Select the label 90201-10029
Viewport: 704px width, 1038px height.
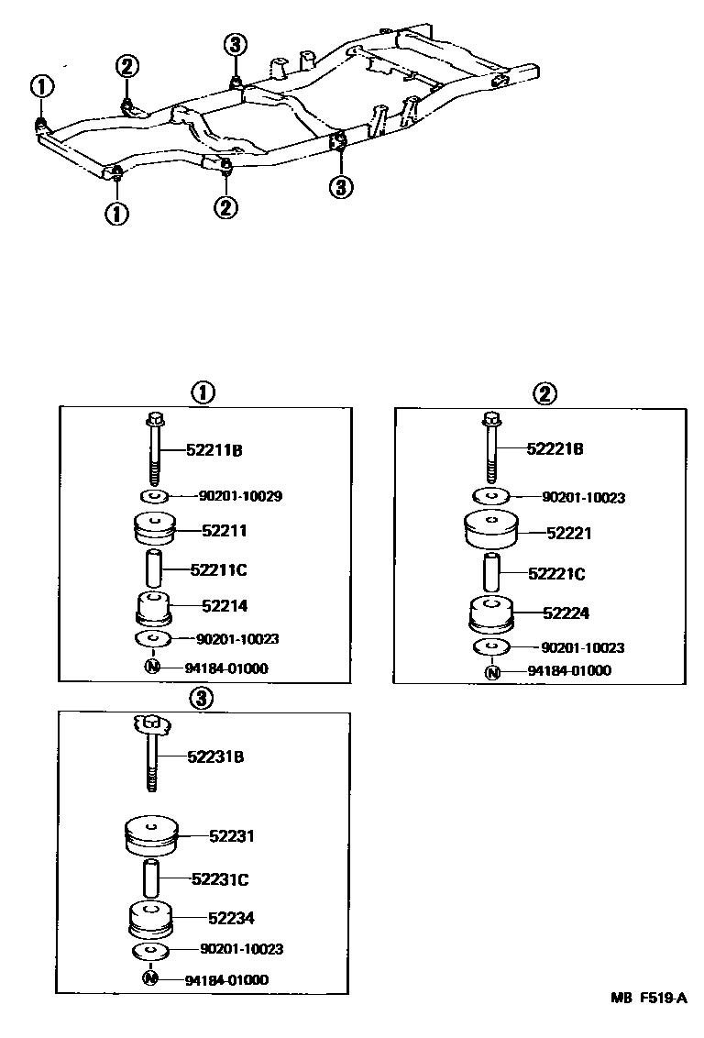[239, 496]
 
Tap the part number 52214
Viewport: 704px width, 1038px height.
[219, 606]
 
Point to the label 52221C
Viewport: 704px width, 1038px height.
[556, 574]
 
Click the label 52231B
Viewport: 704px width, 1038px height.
[216, 756]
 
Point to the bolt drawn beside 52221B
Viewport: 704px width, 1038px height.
[493, 448]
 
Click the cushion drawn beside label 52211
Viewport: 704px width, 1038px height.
[154, 531]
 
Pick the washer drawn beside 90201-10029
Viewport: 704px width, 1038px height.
[154, 497]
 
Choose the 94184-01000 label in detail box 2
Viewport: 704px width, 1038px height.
[569, 671]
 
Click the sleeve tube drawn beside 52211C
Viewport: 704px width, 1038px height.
[154, 570]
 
